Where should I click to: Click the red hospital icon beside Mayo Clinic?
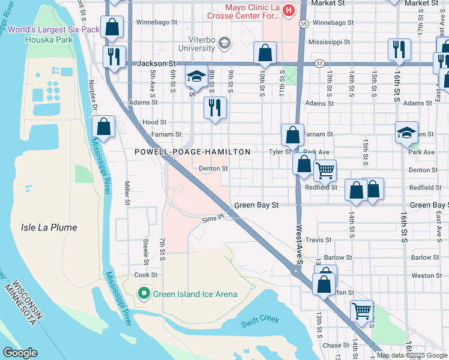coord(288,10)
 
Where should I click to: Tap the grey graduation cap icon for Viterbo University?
coord(224,42)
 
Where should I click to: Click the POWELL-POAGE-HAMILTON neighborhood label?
coord(192,152)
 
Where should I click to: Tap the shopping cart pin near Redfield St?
coord(325,170)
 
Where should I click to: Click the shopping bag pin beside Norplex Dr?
coord(104,127)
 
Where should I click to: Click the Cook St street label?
coord(145,275)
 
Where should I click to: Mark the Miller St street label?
coord(127,193)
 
